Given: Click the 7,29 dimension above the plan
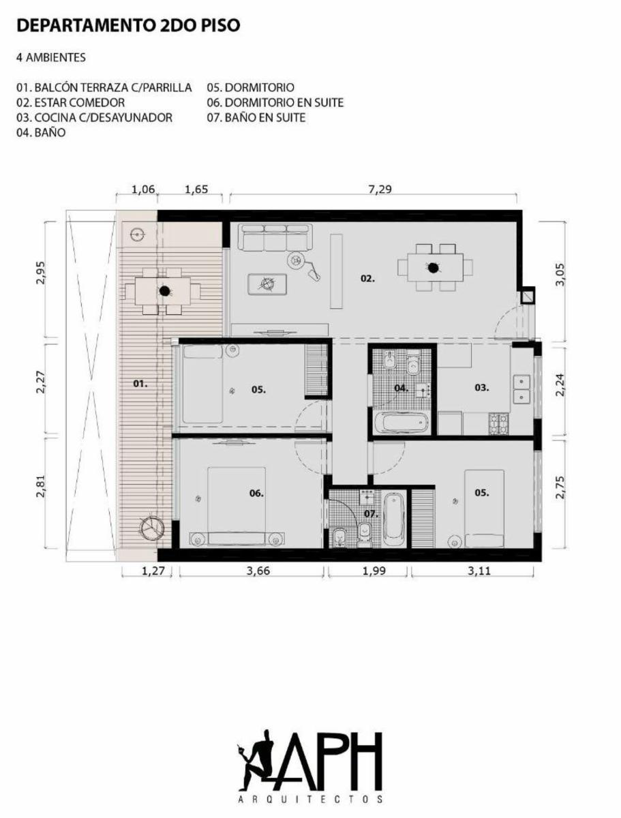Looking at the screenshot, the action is [x=380, y=190].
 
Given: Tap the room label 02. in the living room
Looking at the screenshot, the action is [x=367, y=278].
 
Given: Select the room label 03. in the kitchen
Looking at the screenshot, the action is [x=481, y=388].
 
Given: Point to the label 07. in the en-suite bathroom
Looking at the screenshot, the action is [x=371, y=514].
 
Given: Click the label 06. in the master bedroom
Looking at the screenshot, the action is [x=256, y=493].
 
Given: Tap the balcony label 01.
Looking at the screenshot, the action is [x=140, y=383].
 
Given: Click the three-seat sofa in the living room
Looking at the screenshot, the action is [x=275, y=237].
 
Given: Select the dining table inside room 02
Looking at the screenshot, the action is [x=435, y=267].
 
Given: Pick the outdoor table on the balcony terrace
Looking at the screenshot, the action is [x=162, y=291].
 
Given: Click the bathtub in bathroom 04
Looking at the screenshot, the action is [x=401, y=422].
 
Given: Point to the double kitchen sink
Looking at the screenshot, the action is [x=522, y=389].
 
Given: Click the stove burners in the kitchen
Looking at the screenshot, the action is [x=498, y=424].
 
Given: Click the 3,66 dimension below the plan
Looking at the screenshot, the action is [x=258, y=571].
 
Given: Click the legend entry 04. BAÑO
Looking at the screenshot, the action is [x=41, y=132].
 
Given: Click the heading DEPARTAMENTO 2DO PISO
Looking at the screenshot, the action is [x=128, y=25].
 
